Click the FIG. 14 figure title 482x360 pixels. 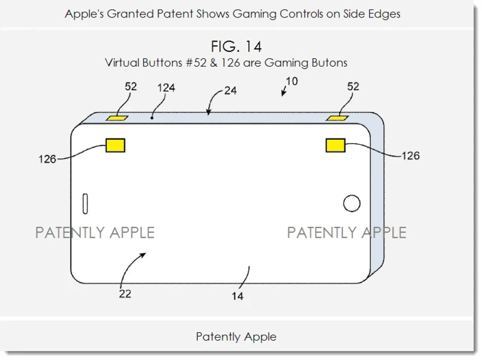pos(236,46)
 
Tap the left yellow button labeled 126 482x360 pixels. pos(115,144)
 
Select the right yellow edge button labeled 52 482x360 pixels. pos(336,117)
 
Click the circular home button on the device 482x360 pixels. pos(352,203)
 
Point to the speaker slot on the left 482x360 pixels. pos(85,203)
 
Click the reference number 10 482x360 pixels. pos(292,80)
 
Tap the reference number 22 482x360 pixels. pos(125,294)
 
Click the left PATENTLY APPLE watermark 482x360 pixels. pos(95,232)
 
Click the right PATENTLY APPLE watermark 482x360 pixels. pos(346,232)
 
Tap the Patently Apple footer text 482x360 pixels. pos(236,337)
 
